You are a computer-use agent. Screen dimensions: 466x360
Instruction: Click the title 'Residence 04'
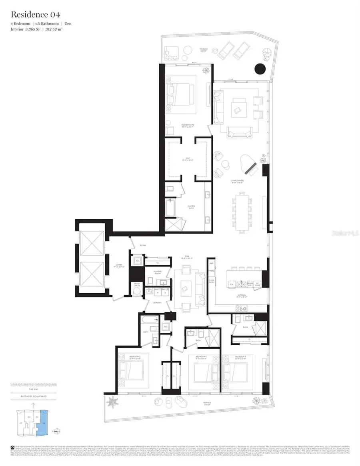[x=36, y=15]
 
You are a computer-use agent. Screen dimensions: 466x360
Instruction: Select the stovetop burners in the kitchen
[x=241, y=308]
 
